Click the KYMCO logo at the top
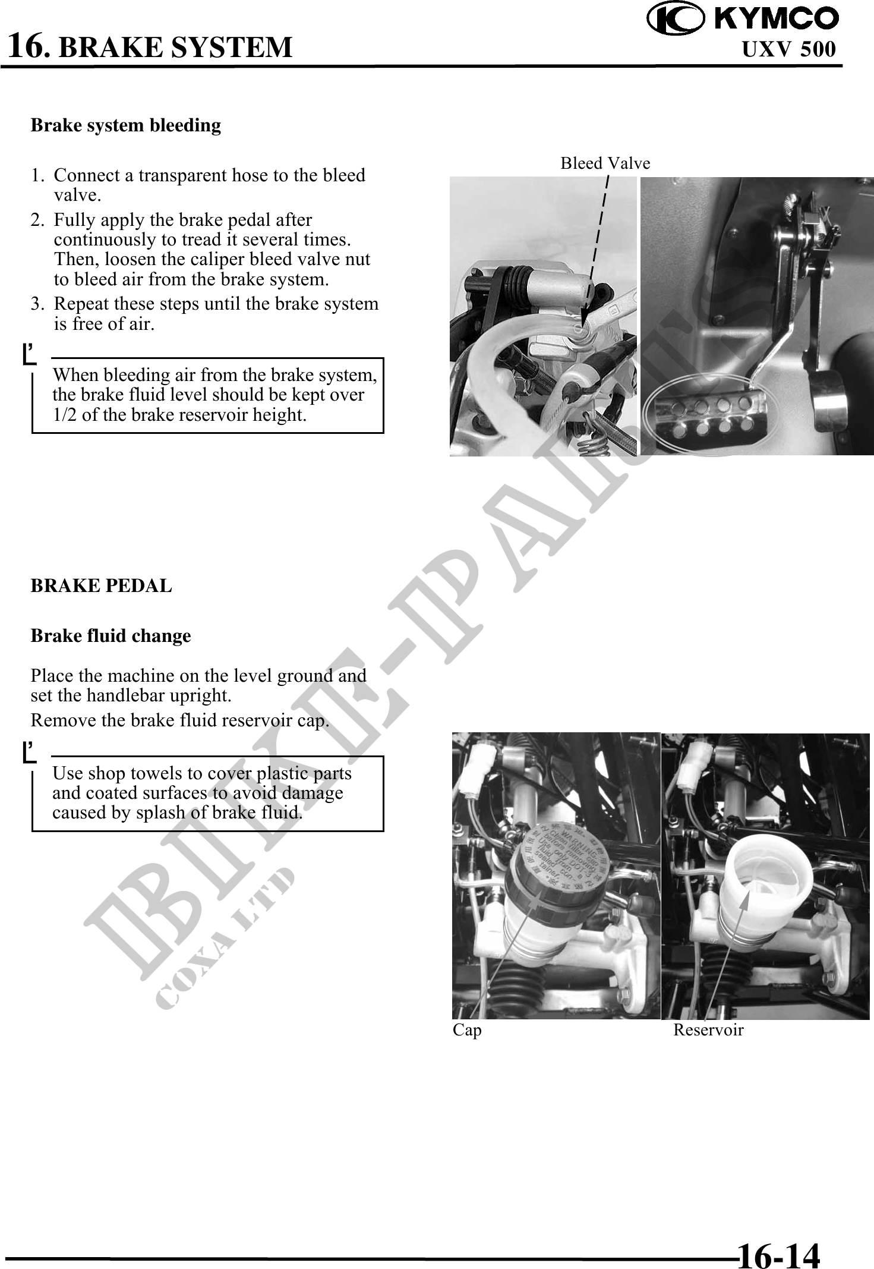[x=742, y=18]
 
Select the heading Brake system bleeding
[x=125, y=125]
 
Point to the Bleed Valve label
[x=605, y=163]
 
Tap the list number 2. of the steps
[x=37, y=220]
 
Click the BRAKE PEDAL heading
[x=101, y=586]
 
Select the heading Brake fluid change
[x=111, y=636]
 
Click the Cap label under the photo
[x=467, y=1030]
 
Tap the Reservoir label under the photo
[x=708, y=1030]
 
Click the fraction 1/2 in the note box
[x=65, y=415]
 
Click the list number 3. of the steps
[x=37, y=304]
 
